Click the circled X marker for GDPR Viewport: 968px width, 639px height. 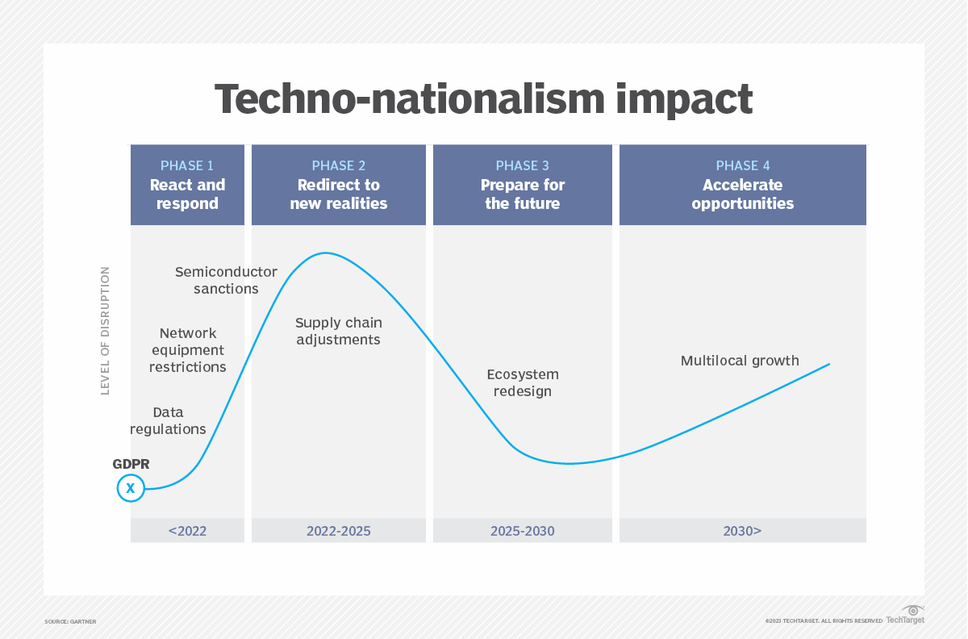[x=131, y=488]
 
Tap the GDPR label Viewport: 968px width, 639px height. [x=131, y=465]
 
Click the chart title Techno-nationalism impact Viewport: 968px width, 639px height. [x=483, y=99]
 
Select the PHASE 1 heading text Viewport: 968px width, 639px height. [x=187, y=165]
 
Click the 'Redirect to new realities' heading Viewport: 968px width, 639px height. [x=339, y=194]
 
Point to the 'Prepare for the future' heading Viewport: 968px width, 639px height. [x=522, y=194]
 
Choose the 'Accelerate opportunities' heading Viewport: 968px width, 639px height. [x=742, y=194]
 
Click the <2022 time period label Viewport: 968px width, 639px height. [x=187, y=531]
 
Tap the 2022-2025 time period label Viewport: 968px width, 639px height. [x=339, y=531]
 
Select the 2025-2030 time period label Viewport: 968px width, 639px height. [x=522, y=531]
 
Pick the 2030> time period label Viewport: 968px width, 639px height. [x=742, y=531]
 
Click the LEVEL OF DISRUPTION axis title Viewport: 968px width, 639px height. [x=105, y=331]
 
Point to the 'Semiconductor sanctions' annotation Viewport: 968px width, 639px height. [x=226, y=280]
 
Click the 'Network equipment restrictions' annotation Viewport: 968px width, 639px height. [x=188, y=349]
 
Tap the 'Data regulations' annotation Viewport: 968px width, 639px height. [x=168, y=420]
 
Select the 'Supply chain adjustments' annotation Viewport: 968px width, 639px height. [x=339, y=331]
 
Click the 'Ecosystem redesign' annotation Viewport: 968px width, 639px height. [x=522, y=382]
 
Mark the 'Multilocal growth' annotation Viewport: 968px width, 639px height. [x=740, y=361]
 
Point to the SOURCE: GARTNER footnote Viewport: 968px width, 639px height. [x=70, y=621]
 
